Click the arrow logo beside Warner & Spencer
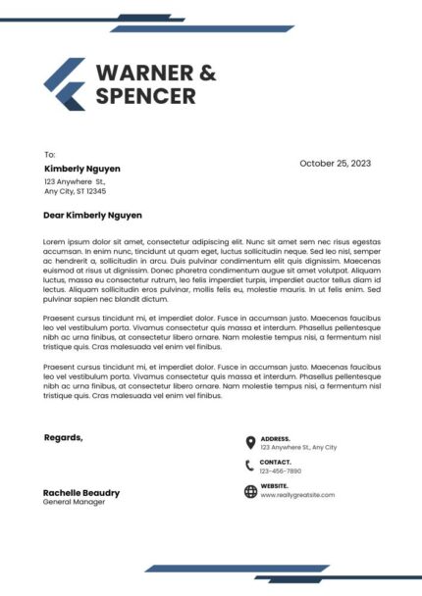[65, 83]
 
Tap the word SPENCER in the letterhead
[145, 96]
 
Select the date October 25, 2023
[335, 164]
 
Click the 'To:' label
[50, 155]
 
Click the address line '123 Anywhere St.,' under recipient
[75, 181]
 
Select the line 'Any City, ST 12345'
[76, 191]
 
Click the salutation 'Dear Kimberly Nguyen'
[93, 215]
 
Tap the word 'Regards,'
[64, 437]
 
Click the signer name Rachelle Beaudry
[81, 492]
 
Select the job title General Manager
[74, 502]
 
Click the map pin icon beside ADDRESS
[250, 442]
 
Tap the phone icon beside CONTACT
[250, 466]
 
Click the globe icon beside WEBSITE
[250, 490]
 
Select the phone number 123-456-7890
[281, 472]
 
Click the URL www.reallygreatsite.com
[297, 495]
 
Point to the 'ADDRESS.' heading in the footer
[276, 438]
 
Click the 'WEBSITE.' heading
[275, 485]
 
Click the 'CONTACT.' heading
[276, 462]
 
